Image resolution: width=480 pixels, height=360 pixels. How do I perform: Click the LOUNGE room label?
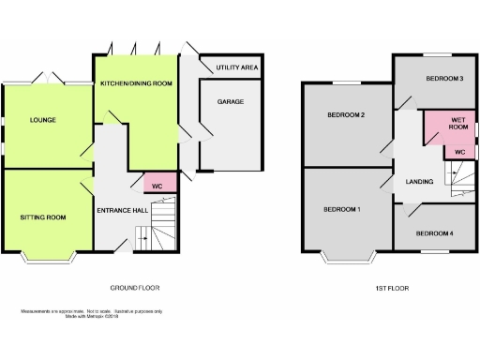42,120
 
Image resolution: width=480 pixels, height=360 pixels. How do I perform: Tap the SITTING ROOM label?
43,217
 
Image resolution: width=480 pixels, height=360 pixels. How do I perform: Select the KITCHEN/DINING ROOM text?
137,83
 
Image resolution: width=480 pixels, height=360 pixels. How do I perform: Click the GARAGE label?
231,100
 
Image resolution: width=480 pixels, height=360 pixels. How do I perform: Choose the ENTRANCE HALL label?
122,210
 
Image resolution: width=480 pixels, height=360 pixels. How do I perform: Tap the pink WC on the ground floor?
157,184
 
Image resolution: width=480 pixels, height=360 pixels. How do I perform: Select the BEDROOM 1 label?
342,208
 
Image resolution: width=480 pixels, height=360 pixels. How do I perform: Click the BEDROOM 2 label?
346,115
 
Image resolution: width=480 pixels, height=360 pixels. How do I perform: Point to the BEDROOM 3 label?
444,79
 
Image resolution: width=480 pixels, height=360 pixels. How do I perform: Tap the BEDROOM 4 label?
434,232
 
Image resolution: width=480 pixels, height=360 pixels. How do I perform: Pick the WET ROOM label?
459,124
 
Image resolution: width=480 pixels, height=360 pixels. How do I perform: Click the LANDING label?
418,181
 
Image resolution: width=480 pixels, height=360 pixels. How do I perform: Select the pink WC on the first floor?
459,151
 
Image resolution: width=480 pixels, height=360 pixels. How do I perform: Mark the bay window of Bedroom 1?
347,256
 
